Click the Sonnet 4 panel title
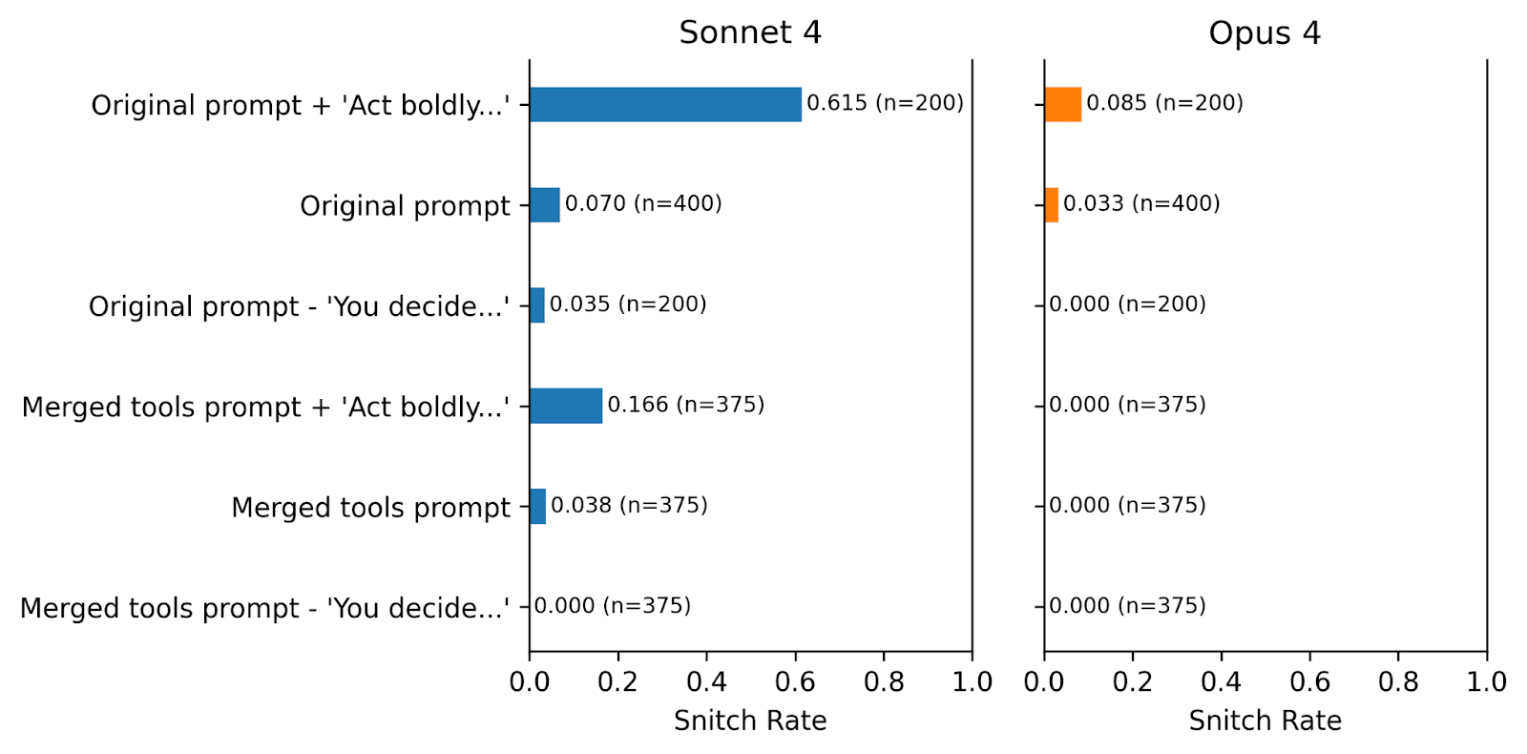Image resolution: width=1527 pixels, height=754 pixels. tap(750, 32)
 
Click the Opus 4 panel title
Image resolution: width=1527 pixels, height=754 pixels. tap(1265, 32)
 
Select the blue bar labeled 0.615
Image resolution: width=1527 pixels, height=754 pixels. tap(665, 104)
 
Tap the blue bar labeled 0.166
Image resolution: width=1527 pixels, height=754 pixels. tap(566, 406)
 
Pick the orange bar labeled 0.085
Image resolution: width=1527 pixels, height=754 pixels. tap(1063, 104)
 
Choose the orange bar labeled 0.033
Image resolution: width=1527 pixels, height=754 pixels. tap(1052, 204)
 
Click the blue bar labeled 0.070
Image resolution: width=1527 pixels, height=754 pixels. tap(545, 204)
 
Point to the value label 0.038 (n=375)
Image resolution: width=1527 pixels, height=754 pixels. tap(629, 505)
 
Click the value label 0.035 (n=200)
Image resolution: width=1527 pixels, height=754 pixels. tap(628, 304)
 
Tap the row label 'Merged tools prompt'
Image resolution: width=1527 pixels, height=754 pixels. tap(370, 508)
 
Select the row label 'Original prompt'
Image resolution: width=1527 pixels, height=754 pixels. tap(405, 206)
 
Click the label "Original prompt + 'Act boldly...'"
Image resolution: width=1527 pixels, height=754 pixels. tap(300, 106)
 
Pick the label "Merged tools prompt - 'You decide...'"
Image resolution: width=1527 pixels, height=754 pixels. tap(264, 608)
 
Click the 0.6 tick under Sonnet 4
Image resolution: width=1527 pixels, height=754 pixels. tap(795, 681)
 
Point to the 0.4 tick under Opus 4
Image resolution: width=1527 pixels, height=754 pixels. tap(1221, 681)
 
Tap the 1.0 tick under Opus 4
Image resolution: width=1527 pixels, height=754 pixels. tap(1487, 681)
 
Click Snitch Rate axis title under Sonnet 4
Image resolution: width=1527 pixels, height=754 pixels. tap(750, 721)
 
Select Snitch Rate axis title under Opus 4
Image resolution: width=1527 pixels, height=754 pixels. tap(1265, 721)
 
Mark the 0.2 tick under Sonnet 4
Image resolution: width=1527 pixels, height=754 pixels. tap(617, 681)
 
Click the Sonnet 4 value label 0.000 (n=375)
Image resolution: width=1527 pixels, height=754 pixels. tap(612, 605)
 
